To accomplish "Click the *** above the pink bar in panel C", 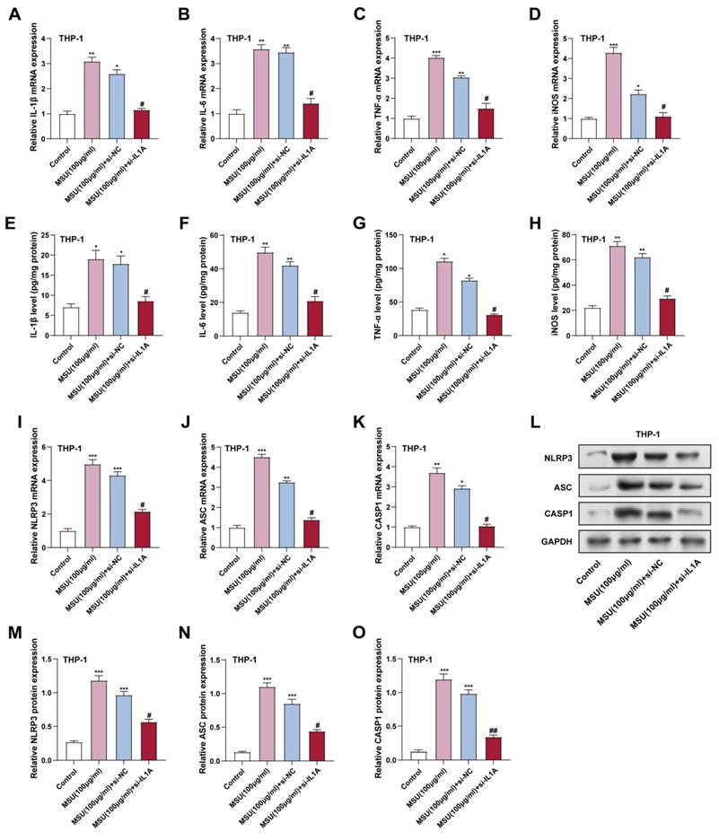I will [437, 53].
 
